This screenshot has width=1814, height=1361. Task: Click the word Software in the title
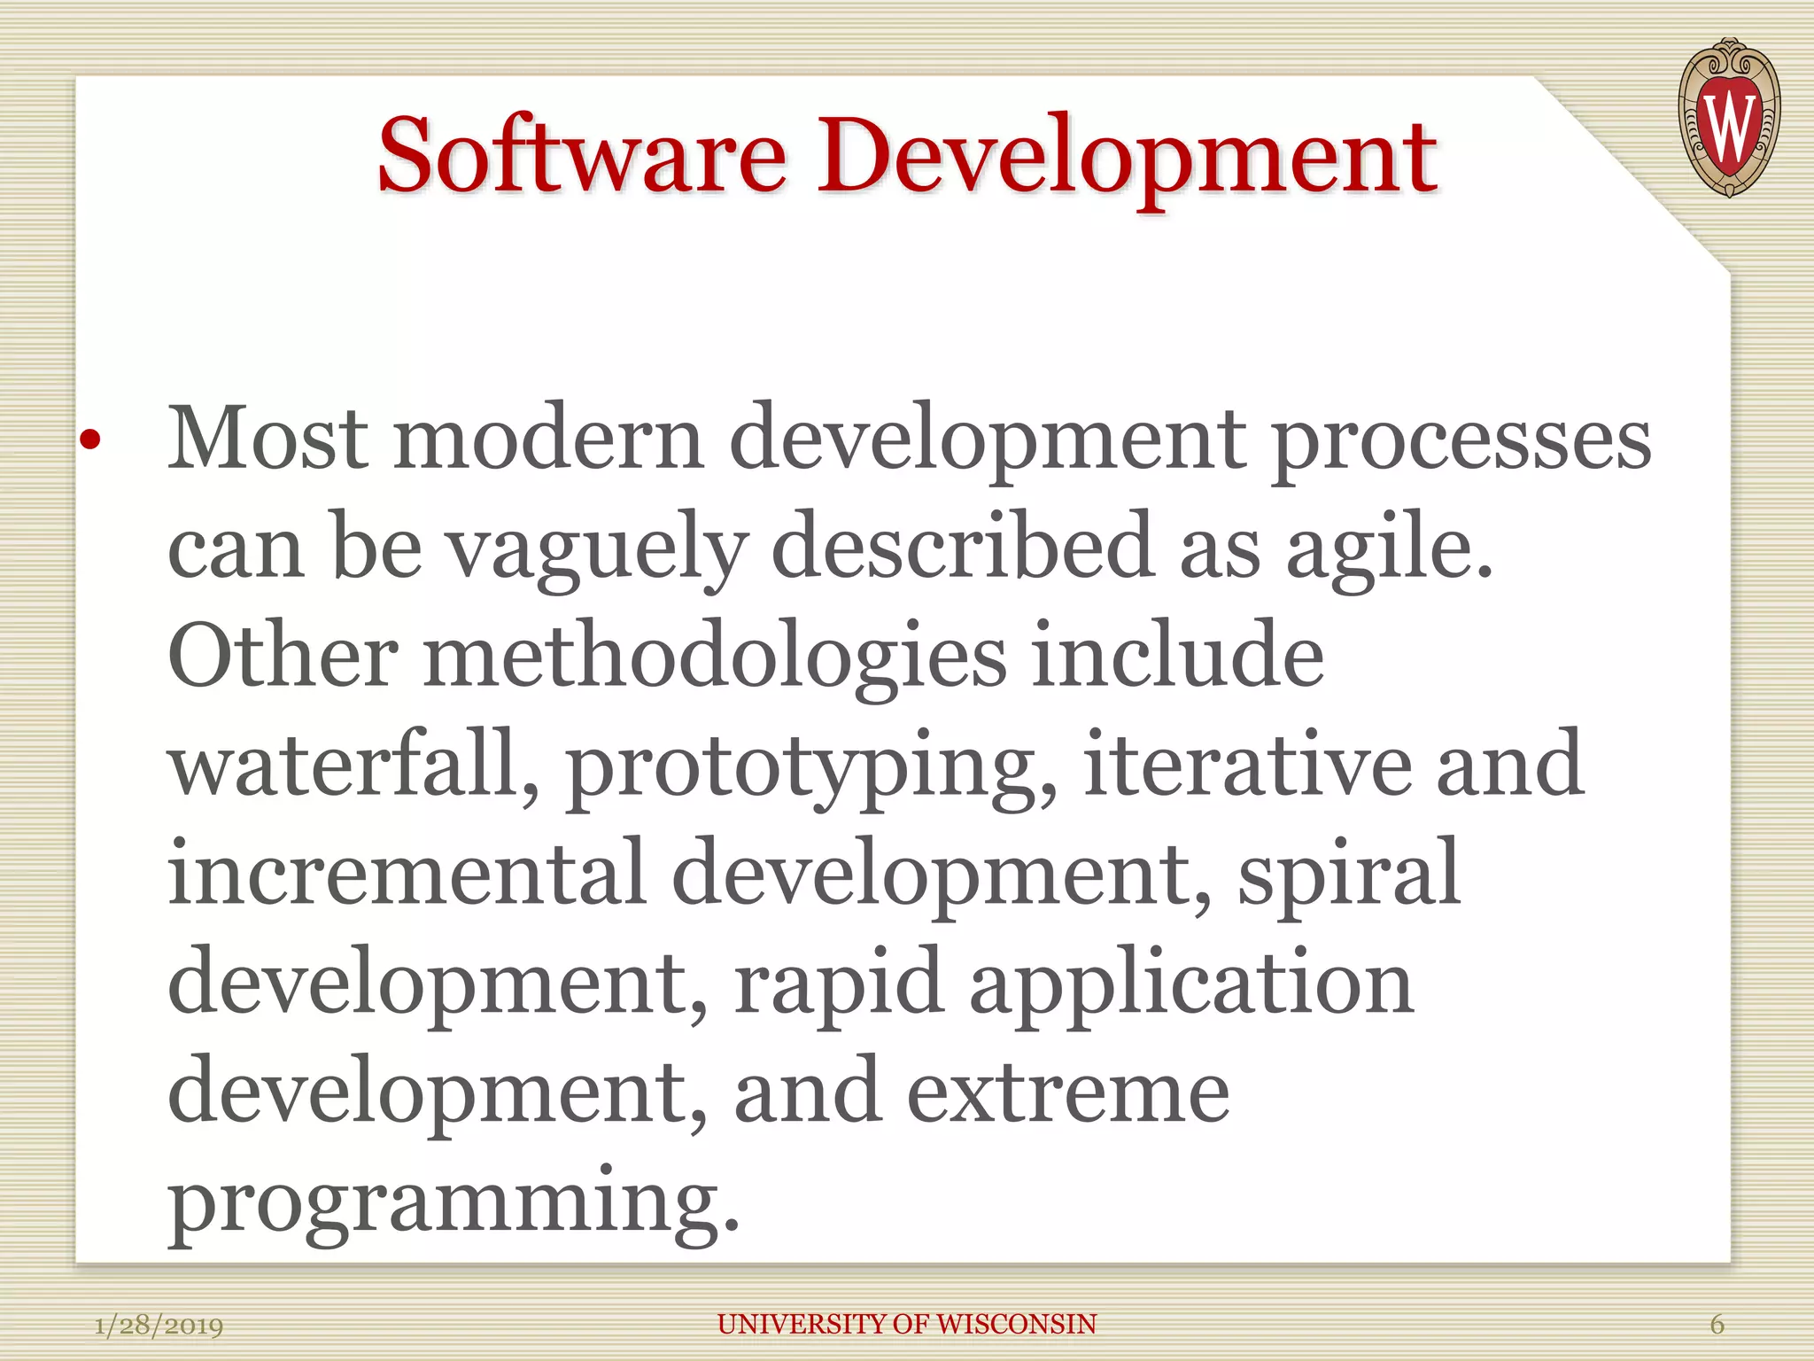tap(582, 158)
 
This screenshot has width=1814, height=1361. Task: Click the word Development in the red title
tap(1126, 158)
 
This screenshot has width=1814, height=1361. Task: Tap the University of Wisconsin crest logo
tap(1728, 118)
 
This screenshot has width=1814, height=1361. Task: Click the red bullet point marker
tap(90, 439)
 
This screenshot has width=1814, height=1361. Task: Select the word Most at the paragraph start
tap(267, 438)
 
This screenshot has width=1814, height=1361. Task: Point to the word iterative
tap(1245, 764)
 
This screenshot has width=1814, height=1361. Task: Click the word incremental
tap(407, 874)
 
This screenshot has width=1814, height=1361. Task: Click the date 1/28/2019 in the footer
tap(159, 1326)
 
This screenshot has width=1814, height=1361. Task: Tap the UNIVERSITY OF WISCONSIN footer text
tap(907, 1325)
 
